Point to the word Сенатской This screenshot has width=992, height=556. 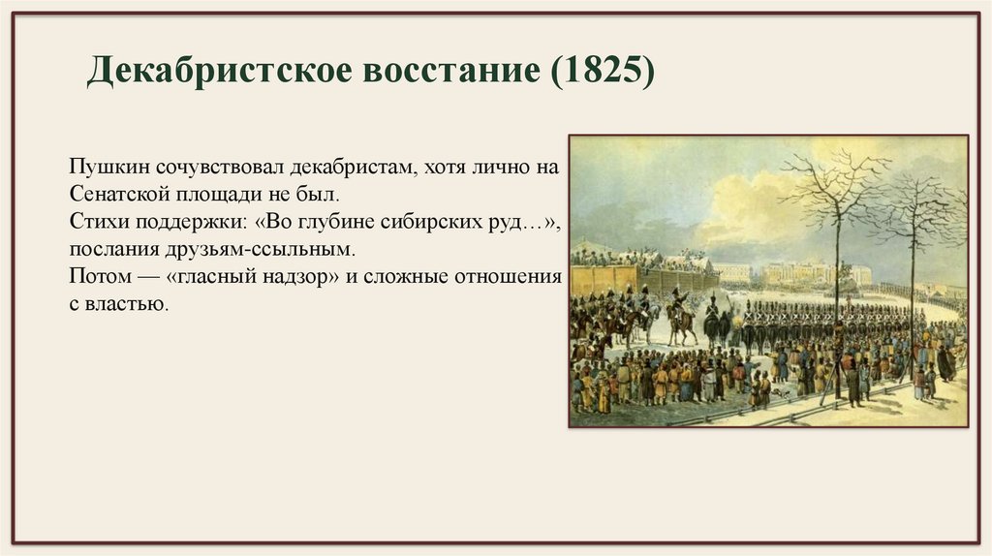tap(110, 193)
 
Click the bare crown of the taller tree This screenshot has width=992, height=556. tap(835, 184)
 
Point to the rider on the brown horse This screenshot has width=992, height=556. tap(681, 315)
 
